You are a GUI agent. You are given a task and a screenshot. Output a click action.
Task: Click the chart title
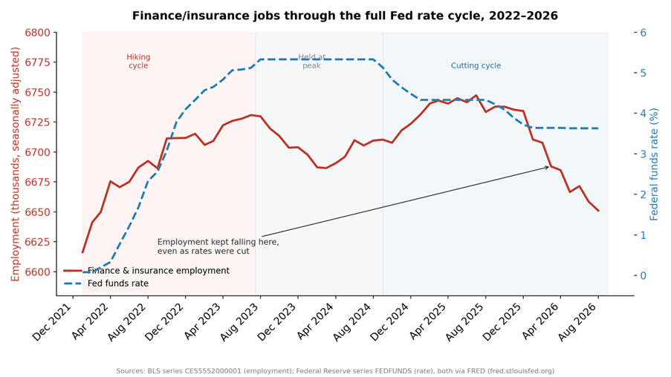click(x=345, y=16)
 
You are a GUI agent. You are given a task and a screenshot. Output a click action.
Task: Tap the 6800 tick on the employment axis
click(x=37, y=33)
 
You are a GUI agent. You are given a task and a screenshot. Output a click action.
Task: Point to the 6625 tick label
click(x=37, y=242)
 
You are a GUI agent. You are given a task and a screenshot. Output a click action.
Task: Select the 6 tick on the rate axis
click(x=643, y=33)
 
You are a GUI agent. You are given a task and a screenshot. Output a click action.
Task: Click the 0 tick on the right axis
click(x=643, y=275)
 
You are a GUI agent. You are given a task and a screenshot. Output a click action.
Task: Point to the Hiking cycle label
click(x=138, y=61)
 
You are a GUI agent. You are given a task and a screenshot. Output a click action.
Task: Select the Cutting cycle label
click(x=476, y=65)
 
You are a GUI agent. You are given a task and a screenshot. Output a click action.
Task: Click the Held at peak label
click(x=311, y=61)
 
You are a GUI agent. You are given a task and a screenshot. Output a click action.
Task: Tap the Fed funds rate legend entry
click(x=106, y=283)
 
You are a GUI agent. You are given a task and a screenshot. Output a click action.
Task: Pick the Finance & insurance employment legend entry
click(x=146, y=271)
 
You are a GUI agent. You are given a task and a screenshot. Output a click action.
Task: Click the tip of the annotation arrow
click(x=549, y=167)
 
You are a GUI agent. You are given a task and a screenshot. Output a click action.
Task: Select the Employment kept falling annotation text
click(x=218, y=246)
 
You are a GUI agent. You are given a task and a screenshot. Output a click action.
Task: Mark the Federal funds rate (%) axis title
click(x=655, y=165)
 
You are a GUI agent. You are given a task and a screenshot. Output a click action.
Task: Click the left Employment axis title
click(x=16, y=165)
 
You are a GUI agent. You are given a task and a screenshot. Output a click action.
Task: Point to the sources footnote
click(x=335, y=371)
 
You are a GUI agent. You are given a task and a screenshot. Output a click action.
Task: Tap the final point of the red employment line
click(x=598, y=211)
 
